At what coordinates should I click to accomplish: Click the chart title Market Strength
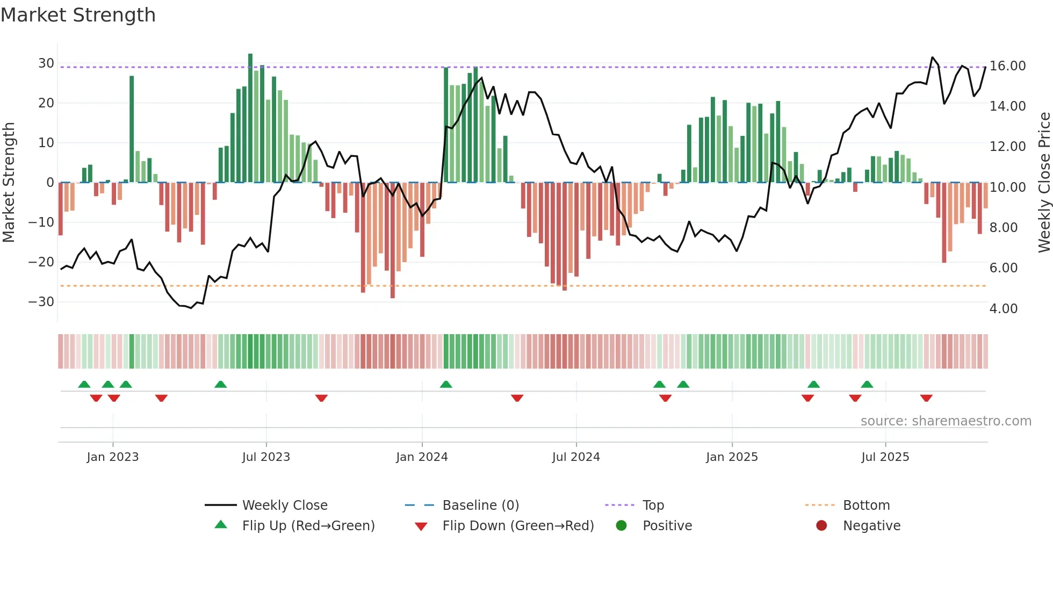[78, 15]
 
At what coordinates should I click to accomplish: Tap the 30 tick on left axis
[46, 63]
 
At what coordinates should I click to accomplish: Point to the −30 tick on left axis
[41, 302]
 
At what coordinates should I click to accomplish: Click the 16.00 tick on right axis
[1007, 66]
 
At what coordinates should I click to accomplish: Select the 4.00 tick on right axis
[1003, 309]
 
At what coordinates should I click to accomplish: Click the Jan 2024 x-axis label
[422, 457]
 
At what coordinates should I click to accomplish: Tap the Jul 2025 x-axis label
[885, 457]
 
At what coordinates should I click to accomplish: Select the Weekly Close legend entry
[285, 506]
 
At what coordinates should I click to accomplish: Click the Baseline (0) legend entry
[480, 506]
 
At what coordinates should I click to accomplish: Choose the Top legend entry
[653, 506]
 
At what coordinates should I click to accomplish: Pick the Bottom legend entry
[866, 506]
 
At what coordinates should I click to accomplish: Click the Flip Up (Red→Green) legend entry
[308, 526]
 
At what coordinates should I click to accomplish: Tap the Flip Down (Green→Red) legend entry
[518, 526]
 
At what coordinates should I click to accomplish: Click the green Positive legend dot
[622, 526]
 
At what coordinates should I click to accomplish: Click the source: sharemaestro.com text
[946, 421]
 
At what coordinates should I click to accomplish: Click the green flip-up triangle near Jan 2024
[446, 384]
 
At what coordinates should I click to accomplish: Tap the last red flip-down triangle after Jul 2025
[926, 398]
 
